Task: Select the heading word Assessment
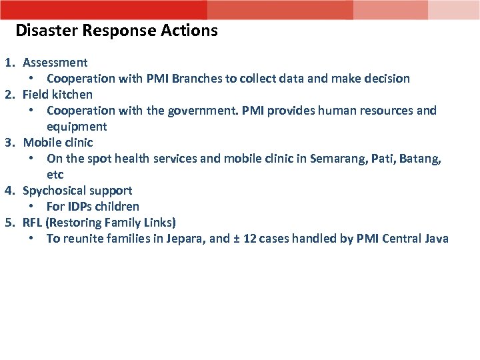tap(55, 63)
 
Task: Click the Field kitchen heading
tap(57, 95)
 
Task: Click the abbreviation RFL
tap(33, 223)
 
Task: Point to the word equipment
tap(77, 127)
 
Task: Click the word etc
tap(55, 175)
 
